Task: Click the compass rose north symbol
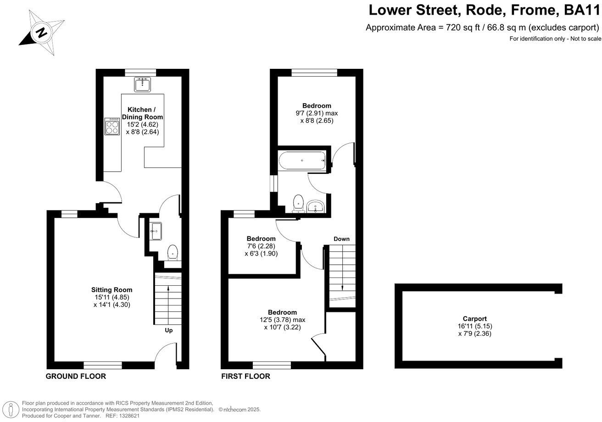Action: click(41, 32)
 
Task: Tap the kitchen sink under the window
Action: click(143, 84)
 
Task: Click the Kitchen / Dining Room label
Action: click(145, 113)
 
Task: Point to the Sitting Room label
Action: click(112, 289)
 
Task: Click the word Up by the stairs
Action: click(169, 330)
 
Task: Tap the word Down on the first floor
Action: click(341, 239)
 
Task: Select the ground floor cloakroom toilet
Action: click(173, 252)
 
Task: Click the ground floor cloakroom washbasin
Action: click(156, 231)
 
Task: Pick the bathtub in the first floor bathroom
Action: click(302, 161)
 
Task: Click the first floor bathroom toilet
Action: click(299, 203)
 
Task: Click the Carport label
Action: click(474, 319)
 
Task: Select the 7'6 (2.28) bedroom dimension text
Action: click(261, 246)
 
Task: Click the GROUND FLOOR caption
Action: click(76, 377)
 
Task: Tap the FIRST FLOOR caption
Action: click(245, 377)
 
